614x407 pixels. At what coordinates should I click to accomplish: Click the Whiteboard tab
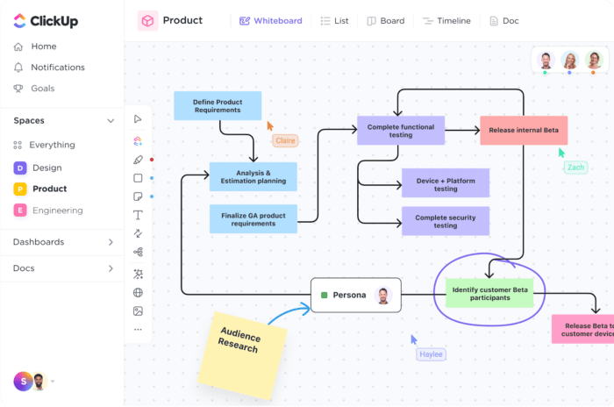tap(270, 21)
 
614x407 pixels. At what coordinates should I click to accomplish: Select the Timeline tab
tap(446, 21)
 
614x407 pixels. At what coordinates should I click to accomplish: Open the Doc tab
tap(504, 21)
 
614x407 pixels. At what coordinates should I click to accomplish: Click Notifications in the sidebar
tap(49, 68)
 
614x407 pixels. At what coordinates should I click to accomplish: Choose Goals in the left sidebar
tap(34, 89)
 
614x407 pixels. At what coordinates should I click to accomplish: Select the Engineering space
tap(48, 211)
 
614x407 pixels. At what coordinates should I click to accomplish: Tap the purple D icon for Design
tap(20, 168)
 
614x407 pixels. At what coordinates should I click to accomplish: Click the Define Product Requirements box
tap(218, 106)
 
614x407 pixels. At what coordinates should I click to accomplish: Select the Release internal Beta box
tap(524, 131)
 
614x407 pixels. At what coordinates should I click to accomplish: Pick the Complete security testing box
tap(446, 221)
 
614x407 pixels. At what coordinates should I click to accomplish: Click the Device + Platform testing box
tap(446, 183)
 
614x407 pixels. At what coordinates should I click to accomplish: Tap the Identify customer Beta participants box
tap(489, 293)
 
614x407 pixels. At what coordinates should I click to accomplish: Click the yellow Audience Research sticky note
tap(242, 355)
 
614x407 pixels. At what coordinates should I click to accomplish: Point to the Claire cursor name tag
tap(285, 140)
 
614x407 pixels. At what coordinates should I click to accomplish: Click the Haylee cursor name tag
tap(432, 354)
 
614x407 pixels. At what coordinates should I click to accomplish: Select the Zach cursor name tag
tap(575, 168)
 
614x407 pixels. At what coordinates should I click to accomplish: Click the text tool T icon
tap(138, 215)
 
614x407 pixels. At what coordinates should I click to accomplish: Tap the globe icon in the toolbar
tap(138, 293)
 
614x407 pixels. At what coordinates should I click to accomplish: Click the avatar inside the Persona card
tap(383, 296)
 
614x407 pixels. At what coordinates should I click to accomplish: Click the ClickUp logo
tap(46, 21)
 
